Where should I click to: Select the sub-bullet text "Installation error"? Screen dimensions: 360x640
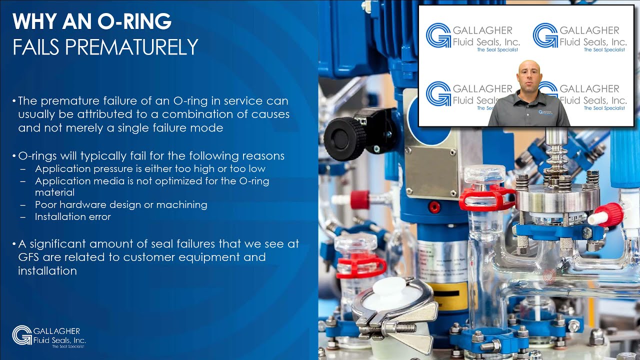coord(72,216)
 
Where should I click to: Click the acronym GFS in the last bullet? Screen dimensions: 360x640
coord(29,257)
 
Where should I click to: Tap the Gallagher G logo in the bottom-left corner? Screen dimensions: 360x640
coord(22,334)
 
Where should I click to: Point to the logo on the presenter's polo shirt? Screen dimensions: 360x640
coord(543,112)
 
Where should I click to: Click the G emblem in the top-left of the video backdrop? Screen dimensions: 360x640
coord(438,35)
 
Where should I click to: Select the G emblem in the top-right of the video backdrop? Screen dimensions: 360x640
coord(545,35)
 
